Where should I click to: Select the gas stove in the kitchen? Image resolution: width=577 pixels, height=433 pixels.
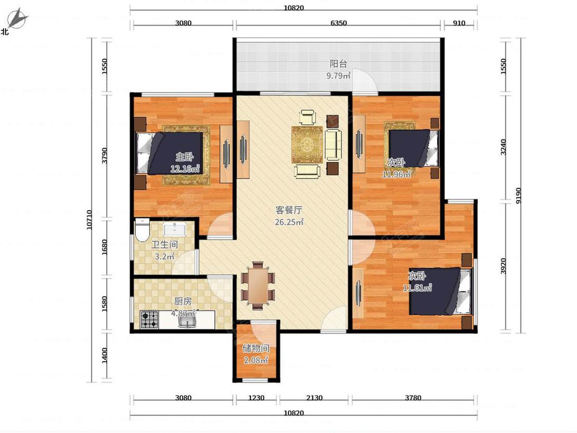(150, 320)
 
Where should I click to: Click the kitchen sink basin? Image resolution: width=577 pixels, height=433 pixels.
(187, 321)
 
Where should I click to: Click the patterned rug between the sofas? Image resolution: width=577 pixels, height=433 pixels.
(307, 144)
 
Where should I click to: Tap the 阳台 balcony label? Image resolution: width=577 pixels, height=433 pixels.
(338, 64)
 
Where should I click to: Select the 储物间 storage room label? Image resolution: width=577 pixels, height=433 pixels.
(256, 348)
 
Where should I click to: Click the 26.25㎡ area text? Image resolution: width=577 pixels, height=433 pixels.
(289, 222)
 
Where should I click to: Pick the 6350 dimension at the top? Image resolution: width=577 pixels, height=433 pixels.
(339, 23)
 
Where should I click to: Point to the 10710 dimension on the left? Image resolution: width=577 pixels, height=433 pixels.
(89, 220)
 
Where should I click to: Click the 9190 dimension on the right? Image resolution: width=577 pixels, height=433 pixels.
(519, 195)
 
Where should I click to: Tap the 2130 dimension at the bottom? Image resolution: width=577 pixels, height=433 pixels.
(314, 398)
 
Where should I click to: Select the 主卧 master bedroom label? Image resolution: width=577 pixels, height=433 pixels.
(184, 157)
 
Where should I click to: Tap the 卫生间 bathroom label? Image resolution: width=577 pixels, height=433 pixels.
(165, 245)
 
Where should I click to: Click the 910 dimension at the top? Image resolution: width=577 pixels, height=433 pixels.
(459, 23)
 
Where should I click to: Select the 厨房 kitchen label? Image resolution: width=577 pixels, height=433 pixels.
(183, 301)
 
